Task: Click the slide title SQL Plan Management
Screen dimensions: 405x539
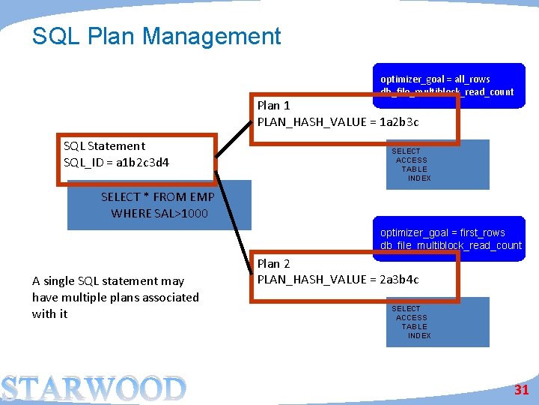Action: pyautogui.click(x=156, y=36)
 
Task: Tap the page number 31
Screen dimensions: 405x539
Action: pyautogui.click(x=521, y=389)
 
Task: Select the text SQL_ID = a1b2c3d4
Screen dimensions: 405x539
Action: pyautogui.click(x=116, y=162)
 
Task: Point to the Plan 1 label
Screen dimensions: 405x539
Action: pyautogui.click(x=273, y=106)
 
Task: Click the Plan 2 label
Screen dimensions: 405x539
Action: pyautogui.click(x=273, y=263)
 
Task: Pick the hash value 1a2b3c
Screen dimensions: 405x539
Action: pyautogui.click(x=399, y=121)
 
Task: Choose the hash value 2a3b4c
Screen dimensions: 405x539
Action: pyautogui.click(x=399, y=280)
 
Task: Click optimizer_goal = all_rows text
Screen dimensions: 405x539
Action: pyautogui.click(x=435, y=79)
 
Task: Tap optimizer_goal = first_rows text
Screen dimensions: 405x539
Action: pyautogui.click(x=442, y=232)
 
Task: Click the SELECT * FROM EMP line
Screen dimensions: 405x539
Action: pyautogui.click(x=157, y=197)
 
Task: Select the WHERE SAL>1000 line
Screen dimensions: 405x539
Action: pyautogui.click(x=159, y=214)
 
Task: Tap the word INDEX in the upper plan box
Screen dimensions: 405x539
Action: pyautogui.click(x=419, y=178)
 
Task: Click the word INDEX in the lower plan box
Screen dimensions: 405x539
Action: pyautogui.click(x=419, y=336)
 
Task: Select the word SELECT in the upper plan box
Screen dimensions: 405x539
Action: pyautogui.click(x=406, y=151)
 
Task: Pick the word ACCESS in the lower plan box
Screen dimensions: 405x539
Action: pyautogui.click(x=411, y=318)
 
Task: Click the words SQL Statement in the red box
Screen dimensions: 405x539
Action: pyautogui.click(x=104, y=146)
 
